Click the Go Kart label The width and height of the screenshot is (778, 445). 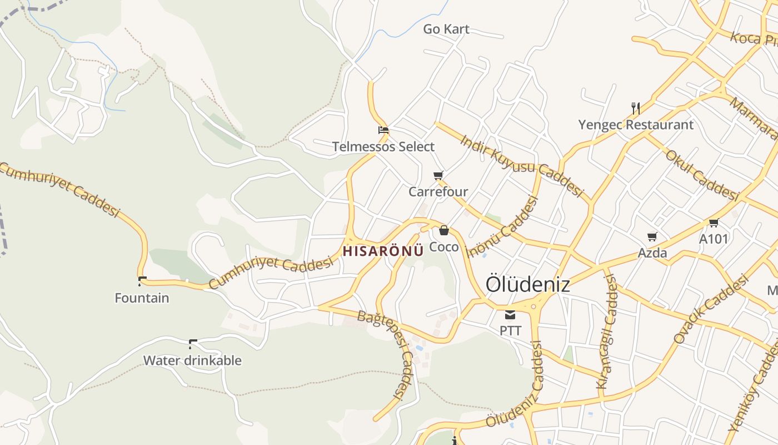pyautogui.click(x=446, y=29)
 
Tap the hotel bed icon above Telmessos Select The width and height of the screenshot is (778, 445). pyautogui.click(x=383, y=131)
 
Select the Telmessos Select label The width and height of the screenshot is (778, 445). pyautogui.click(x=383, y=147)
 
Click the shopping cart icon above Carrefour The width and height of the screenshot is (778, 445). pyautogui.click(x=438, y=176)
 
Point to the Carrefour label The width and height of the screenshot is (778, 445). pyautogui.click(x=438, y=192)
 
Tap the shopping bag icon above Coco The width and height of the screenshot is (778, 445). pyautogui.click(x=444, y=230)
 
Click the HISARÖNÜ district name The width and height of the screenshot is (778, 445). pyautogui.click(x=383, y=251)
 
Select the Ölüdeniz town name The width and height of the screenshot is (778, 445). pyautogui.click(x=528, y=284)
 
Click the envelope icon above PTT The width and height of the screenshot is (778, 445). pyautogui.click(x=510, y=315)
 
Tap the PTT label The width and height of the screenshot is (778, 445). pyautogui.click(x=510, y=331)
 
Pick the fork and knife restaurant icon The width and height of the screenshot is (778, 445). pyautogui.click(x=636, y=108)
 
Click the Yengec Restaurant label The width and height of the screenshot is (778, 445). pyautogui.click(x=636, y=125)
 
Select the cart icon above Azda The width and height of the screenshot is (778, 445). pyautogui.click(x=652, y=236)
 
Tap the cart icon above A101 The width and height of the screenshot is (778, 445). pyautogui.click(x=714, y=223)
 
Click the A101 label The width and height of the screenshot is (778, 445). pyautogui.click(x=714, y=239)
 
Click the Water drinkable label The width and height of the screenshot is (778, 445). pyautogui.click(x=192, y=360)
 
